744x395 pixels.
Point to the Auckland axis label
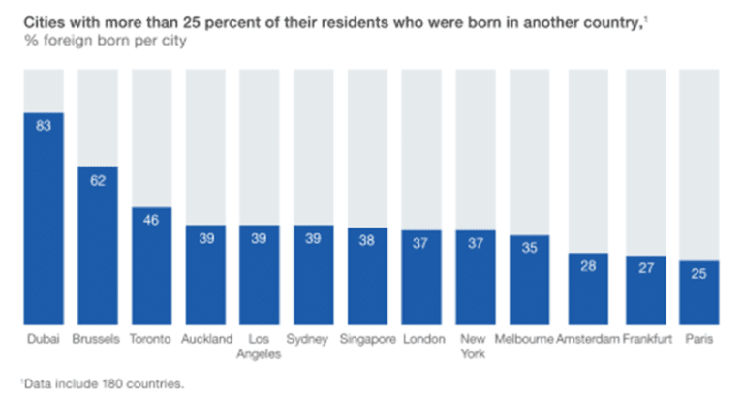click(x=206, y=339)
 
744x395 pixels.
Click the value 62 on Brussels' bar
click(x=98, y=179)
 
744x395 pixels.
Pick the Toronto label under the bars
click(x=152, y=339)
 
